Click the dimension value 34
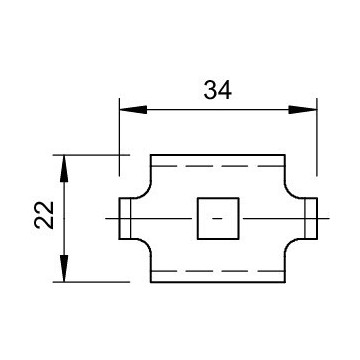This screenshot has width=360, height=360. coord(217,90)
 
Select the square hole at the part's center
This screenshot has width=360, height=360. coord(218,218)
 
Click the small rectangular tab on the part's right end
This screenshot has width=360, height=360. coord(310,218)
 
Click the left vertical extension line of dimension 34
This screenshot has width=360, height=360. coord(119,140)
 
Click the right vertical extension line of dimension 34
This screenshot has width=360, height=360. coord(317,140)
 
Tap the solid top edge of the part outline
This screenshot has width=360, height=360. coord(218,155)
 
